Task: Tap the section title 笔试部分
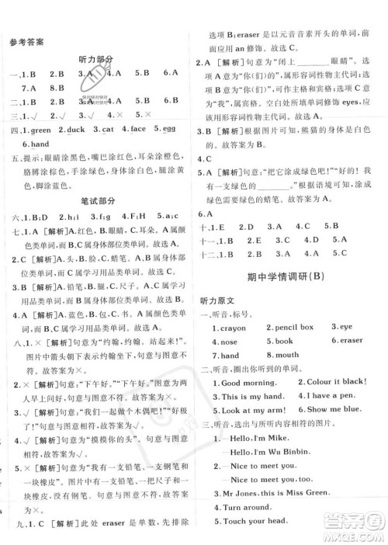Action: [x=95, y=200]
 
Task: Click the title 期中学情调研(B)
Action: [x=291, y=276]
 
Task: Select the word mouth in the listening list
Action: [x=286, y=355]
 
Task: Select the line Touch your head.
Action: [x=255, y=522]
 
